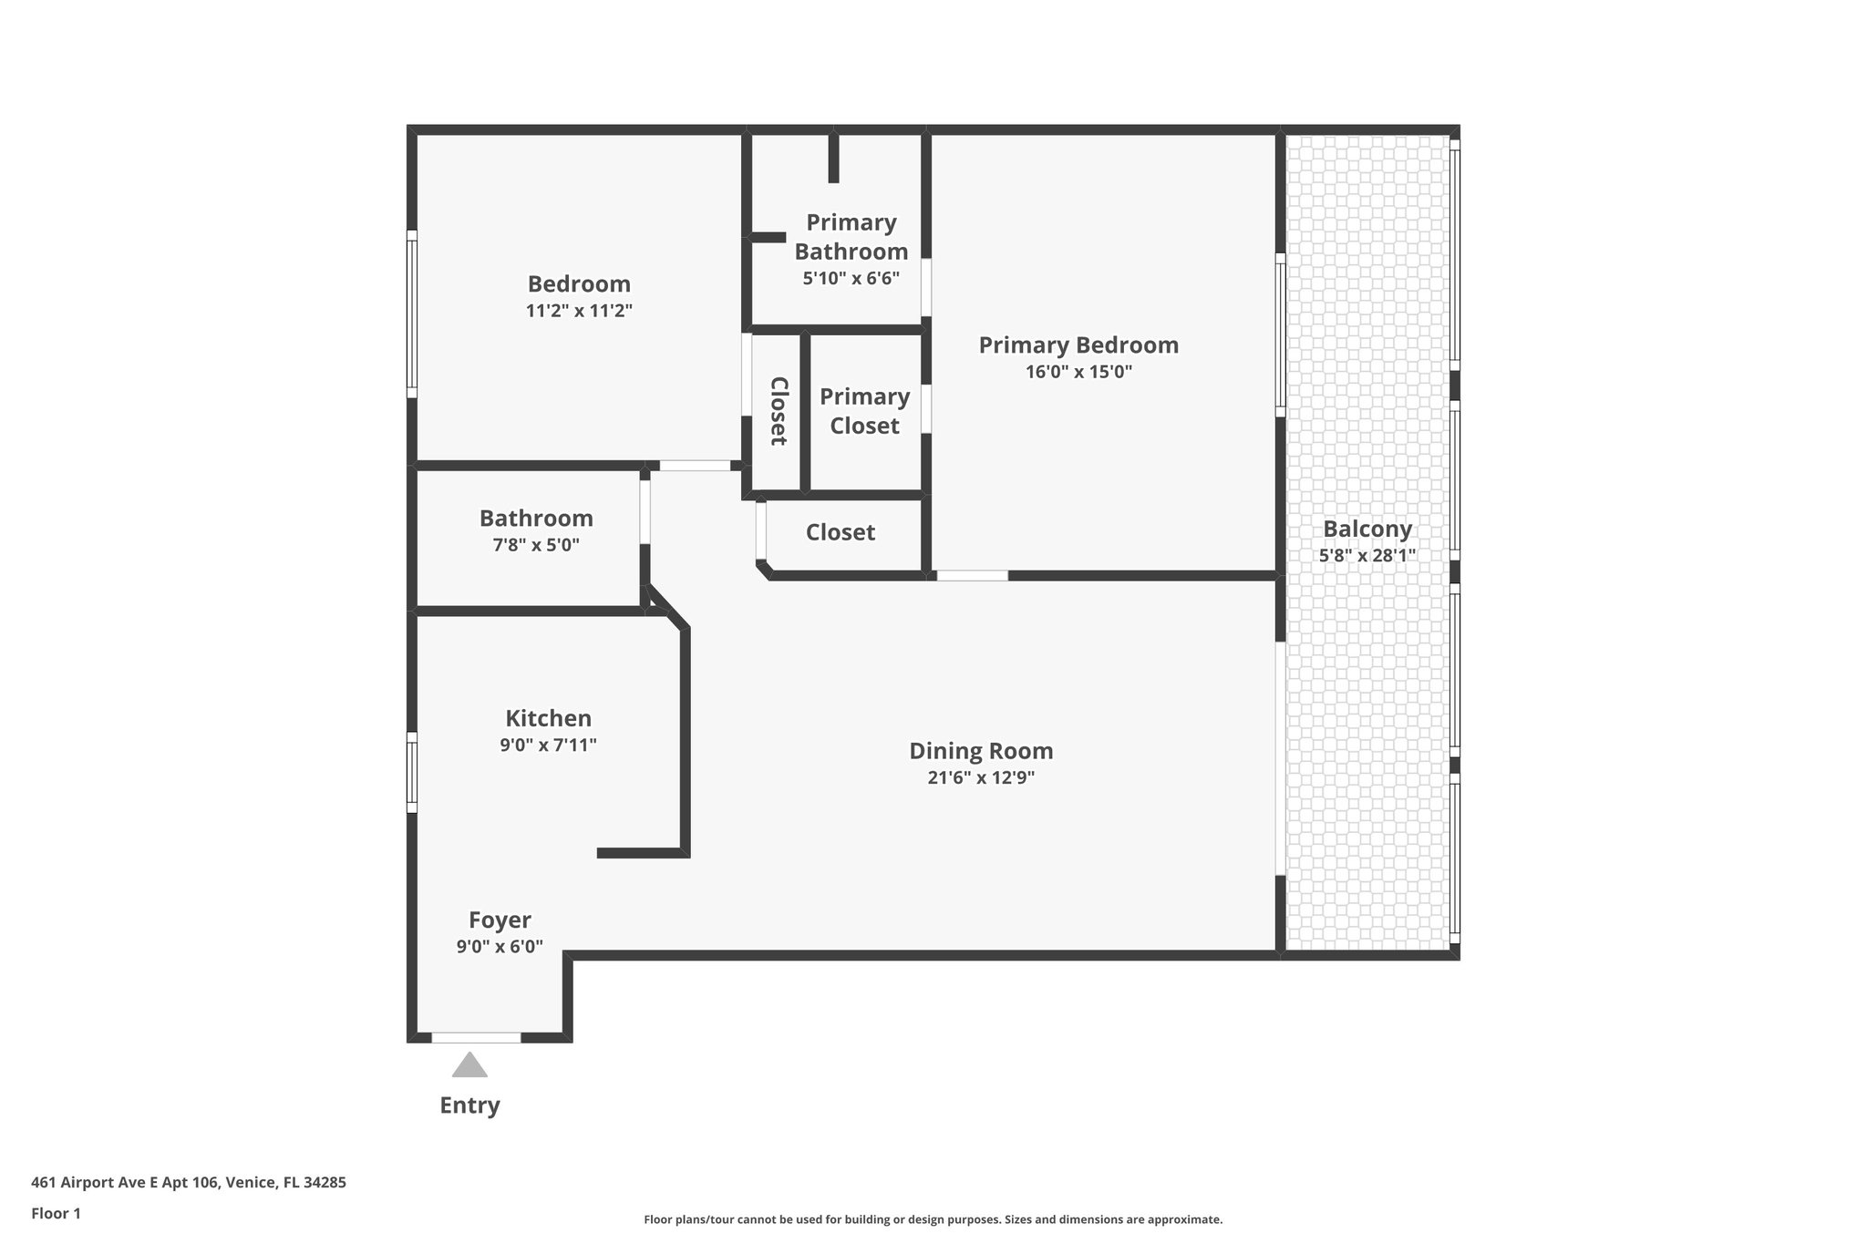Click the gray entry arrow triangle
[469, 1066]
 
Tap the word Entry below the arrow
[469, 1105]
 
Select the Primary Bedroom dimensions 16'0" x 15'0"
[1078, 372]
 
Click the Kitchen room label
[548, 718]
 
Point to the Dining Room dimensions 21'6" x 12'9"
[981, 778]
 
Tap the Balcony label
[1367, 529]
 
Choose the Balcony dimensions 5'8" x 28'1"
[1367, 556]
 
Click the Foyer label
[500, 920]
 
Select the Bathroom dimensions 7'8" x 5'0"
[536, 545]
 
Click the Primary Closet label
[864, 411]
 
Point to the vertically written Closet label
[779, 411]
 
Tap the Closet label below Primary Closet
[840, 532]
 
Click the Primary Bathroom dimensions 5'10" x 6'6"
[851, 279]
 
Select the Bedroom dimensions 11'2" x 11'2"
[579, 311]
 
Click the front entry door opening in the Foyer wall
[476, 1037]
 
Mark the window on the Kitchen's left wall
[412, 772]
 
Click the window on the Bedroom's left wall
[412, 314]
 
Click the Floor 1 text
[56, 1213]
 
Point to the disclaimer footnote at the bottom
[933, 1219]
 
